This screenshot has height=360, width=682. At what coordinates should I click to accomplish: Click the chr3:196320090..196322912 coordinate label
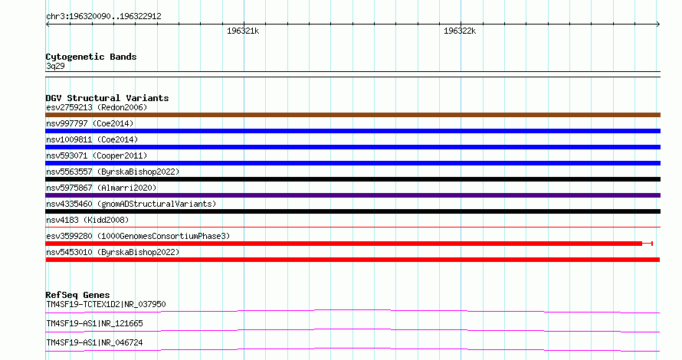coord(103,17)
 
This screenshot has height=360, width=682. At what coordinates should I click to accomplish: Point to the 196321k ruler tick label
coord(243,31)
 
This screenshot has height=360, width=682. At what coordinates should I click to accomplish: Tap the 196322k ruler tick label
coord(460,31)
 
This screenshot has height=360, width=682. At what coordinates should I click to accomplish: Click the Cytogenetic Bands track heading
coord(91,57)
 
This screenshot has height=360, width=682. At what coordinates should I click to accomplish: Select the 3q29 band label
coord(55,66)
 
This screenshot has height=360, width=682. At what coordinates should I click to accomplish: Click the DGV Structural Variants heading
coord(107,98)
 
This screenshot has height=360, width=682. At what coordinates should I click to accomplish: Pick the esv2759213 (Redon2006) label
coord(97,107)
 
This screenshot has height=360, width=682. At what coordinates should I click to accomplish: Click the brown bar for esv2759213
coord(352,115)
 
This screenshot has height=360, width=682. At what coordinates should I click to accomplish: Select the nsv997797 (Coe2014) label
coord(90,123)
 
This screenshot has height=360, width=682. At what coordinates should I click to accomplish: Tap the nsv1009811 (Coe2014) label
coord(92,139)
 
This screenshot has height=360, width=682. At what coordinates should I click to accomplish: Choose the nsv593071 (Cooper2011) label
coord(97,155)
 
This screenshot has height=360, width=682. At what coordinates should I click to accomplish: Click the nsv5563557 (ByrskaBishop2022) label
coord(113,172)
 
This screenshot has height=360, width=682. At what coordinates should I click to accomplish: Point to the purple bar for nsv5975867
coord(352,195)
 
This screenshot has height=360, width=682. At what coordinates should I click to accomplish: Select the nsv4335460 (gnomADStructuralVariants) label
coord(131,204)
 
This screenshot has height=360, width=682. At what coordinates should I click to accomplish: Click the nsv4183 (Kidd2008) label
coord(87,220)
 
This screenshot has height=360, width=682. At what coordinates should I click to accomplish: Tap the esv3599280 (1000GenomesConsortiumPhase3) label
coord(138,236)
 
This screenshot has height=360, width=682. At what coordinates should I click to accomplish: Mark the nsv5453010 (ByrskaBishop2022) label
coord(113,252)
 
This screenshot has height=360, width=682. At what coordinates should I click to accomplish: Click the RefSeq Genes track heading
coord(77,295)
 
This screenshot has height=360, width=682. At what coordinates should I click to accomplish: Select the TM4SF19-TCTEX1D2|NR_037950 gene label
coord(106,304)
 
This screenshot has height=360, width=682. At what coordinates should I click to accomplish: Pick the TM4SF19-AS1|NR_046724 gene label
coord(94,342)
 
